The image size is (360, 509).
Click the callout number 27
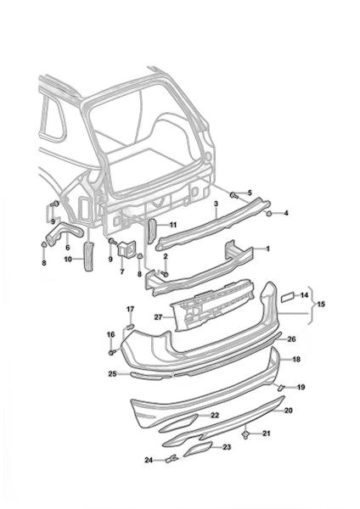158,317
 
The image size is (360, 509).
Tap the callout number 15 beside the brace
321,305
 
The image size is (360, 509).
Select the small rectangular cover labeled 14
288,297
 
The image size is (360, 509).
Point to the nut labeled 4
269,213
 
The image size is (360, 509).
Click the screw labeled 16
112,352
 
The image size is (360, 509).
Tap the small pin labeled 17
130,326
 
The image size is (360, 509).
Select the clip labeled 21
246,433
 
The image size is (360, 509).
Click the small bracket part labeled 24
172,459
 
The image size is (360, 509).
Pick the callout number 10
68,259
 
